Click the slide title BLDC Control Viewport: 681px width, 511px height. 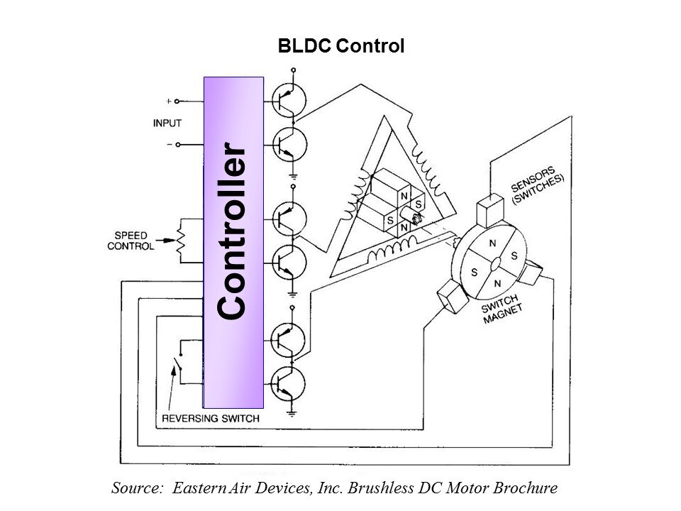[341, 48]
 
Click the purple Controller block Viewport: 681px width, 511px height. [233, 241]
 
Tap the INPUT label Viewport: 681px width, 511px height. [167, 123]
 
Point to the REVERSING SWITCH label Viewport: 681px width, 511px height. [211, 419]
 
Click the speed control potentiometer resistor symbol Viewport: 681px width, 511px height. [180, 241]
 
